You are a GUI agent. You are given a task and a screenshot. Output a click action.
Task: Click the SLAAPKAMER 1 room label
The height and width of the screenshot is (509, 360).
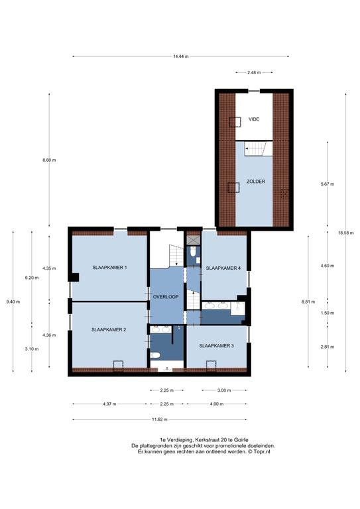tap(109, 268)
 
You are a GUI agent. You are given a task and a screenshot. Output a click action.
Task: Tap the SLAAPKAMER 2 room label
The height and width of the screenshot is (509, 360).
tap(109, 330)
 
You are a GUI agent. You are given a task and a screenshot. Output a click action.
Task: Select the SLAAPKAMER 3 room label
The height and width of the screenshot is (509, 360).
tap(216, 346)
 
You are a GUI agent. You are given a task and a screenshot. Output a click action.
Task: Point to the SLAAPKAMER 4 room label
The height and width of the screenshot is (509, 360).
tap(223, 268)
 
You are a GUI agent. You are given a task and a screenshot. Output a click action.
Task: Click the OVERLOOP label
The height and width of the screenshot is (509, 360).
tap(166, 297)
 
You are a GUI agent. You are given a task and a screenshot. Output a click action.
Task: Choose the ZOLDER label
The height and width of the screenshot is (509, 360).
tap(256, 182)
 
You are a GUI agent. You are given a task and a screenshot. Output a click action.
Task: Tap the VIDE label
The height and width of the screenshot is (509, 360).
tap(254, 119)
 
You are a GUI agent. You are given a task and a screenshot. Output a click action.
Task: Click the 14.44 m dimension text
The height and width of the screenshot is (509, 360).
tap(181, 56)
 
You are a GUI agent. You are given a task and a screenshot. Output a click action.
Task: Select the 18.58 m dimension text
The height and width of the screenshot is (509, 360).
tap(345, 233)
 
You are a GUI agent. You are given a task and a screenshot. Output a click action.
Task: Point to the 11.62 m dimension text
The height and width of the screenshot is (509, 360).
tap(160, 420)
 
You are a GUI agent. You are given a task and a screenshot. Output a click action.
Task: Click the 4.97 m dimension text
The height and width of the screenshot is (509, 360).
tap(109, 404)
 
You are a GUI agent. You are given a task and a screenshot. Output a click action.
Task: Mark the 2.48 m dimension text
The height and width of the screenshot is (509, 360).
tap(254, 73)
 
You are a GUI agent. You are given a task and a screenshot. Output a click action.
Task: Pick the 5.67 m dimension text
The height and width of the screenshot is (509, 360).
tap(328, 184)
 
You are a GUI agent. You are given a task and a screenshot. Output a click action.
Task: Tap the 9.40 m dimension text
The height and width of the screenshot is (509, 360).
tap(13, 302)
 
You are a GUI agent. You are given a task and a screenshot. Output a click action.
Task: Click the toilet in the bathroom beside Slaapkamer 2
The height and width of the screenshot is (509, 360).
tap(155, 355)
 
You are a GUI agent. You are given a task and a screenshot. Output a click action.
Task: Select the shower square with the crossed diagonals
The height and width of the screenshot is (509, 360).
tap(193, 241)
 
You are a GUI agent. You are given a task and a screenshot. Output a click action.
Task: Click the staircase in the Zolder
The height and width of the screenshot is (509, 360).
tap(256, 148)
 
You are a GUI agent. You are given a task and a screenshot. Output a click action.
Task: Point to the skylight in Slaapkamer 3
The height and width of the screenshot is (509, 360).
tap(211, 366)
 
